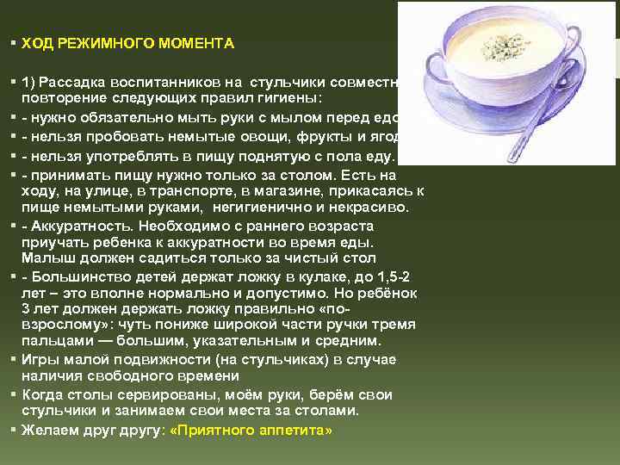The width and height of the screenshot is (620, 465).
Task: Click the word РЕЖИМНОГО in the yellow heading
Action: tap(97, 42)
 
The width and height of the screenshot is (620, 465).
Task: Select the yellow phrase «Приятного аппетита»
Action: tap(252, 429)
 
